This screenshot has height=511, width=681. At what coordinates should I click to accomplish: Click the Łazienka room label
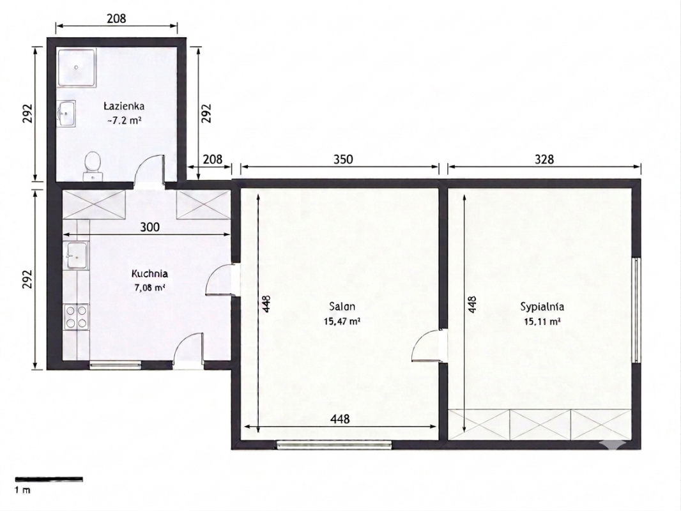[x=124, y=106]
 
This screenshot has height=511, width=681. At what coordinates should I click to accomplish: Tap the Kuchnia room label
[x=150, y=274]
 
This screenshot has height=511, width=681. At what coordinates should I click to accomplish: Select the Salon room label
[x=342, y=307]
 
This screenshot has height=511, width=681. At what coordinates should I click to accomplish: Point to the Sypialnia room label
[x=542, y=307]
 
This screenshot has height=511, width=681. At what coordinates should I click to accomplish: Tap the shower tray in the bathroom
[x=77, y=67]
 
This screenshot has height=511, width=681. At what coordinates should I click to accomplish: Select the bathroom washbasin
[x=66, y=114]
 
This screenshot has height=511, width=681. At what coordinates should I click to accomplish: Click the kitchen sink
[x=77, y=256]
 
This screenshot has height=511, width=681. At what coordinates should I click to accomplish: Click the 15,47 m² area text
[x=342, y=321]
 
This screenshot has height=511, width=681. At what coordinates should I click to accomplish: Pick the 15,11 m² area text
[x=542, y=322]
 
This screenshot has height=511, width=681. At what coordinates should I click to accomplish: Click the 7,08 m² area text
[x=150, y=287]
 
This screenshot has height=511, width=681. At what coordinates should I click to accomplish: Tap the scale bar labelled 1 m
[x=49, y=479]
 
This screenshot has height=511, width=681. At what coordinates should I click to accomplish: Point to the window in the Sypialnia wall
[x=636, y=310]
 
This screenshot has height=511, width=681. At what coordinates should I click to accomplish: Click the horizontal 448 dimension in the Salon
[x=340, y=427]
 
